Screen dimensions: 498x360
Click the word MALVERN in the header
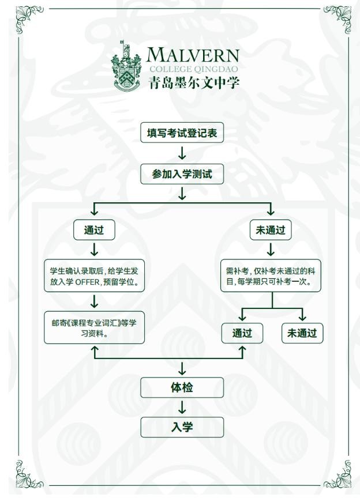coord(192,55)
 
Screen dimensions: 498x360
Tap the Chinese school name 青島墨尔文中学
coord(193,82)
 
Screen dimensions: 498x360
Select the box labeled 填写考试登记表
coord(182,133)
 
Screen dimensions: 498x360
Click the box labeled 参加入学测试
coord(182,174)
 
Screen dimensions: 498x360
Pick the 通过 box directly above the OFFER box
coord(93,230)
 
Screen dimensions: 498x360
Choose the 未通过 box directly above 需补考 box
coord(271,230)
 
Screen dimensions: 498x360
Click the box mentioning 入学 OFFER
coord(94,276)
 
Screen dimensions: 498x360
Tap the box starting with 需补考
coord(271,276)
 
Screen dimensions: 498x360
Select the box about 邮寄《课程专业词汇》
coord(94,327)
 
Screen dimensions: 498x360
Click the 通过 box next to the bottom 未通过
coord(242,333)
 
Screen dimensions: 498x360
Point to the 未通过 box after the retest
coord(302,333)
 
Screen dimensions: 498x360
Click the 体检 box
coord(182,387)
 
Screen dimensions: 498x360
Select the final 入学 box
coord(182,427)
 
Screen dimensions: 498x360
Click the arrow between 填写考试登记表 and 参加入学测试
coord(182,153)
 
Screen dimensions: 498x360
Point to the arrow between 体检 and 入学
coord(182,408)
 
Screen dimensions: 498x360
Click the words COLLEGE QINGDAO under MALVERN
coord(193,69)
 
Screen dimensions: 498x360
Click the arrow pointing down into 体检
coord(182,368)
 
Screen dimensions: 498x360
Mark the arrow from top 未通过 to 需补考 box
coord(271,250)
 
